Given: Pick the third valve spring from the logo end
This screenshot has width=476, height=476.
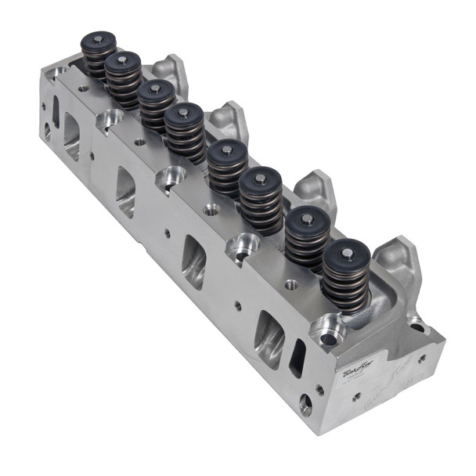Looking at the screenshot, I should [x=260, y=200].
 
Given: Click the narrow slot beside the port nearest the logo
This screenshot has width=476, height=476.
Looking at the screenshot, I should [x=297, y=358].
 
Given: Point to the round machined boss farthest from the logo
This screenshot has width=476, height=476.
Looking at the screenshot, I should [x=110, y=118].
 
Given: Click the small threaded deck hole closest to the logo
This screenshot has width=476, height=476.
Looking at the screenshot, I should [x=291, y=284].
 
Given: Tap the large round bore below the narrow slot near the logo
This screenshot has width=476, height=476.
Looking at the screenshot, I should [x=305, y=404].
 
